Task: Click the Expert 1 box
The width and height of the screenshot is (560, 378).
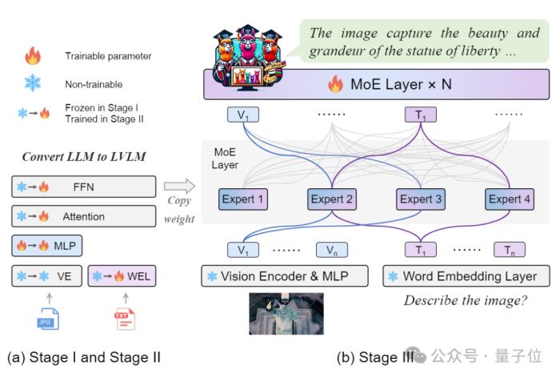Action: (x=243, y=199)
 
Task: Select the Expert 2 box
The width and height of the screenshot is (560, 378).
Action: (x=332, y=199)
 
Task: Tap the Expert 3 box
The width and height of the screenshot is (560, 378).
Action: (x=421, y=199)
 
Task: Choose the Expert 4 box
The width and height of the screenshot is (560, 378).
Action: (x=510, y=199)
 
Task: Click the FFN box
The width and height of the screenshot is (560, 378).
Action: (x=83, y=187)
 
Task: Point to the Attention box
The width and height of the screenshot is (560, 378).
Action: (x=83, y=216)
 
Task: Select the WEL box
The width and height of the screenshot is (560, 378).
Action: (x=122, y=276)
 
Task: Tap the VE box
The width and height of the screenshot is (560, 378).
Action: (x=46, y=276)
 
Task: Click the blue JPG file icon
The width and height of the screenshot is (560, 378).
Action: (x=48, y=319)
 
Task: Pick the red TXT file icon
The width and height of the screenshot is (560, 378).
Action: (x=125, y=319)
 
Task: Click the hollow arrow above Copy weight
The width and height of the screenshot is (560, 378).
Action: (x=180, y=186)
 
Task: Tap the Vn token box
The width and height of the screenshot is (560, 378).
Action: (x=332, y=250)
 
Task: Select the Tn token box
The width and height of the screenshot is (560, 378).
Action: (x=510, y=250)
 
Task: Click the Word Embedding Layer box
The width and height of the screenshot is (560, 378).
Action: (x=466, y=276)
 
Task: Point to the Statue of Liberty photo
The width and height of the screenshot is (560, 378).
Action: (x=286, y=314)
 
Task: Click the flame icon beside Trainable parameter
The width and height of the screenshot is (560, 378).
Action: (x=33, y=56)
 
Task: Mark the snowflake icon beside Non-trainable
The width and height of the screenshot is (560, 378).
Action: (x=33, y=83)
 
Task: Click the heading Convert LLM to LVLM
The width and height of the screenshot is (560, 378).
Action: (x=84, y=157)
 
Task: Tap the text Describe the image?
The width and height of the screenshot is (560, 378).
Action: (x=466, y=300)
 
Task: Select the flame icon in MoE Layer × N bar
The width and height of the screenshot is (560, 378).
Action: (x=335, y=84)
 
